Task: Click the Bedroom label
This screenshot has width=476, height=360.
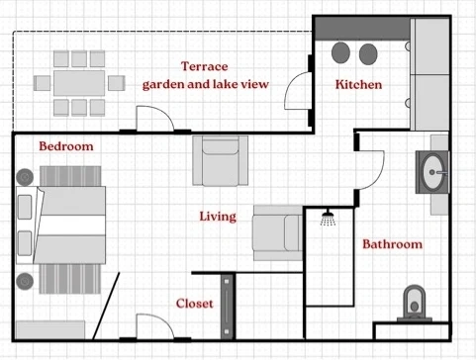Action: coord(66,146)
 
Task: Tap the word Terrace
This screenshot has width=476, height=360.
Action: coord(205,66)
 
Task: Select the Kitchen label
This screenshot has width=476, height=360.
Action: coord(358,84)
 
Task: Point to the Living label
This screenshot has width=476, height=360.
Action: coord(218,217)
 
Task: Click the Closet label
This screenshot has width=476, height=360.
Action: coord(195,304)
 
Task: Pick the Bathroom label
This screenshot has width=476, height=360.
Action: coord(393,244)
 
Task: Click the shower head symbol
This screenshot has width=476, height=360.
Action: coord(328,218)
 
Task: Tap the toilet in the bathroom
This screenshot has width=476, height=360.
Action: coord(415,304)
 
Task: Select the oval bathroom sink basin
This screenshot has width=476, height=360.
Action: coord(432,172)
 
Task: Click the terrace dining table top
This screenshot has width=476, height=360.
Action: coord(79,83)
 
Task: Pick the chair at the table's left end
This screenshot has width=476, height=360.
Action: coord(42,83)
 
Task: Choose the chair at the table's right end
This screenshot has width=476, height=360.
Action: coord(117,83)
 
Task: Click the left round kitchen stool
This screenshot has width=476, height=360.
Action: coord(340,52)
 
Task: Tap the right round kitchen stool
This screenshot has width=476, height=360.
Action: coord(368,54)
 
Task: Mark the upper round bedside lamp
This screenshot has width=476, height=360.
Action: coord(25,177)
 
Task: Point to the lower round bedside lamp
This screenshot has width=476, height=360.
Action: coord(25,282)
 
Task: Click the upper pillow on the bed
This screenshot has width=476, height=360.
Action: coord(25,207)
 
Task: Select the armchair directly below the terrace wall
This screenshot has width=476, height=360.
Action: coord(220,161)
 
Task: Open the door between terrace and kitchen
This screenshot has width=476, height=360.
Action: coord(298,91)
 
